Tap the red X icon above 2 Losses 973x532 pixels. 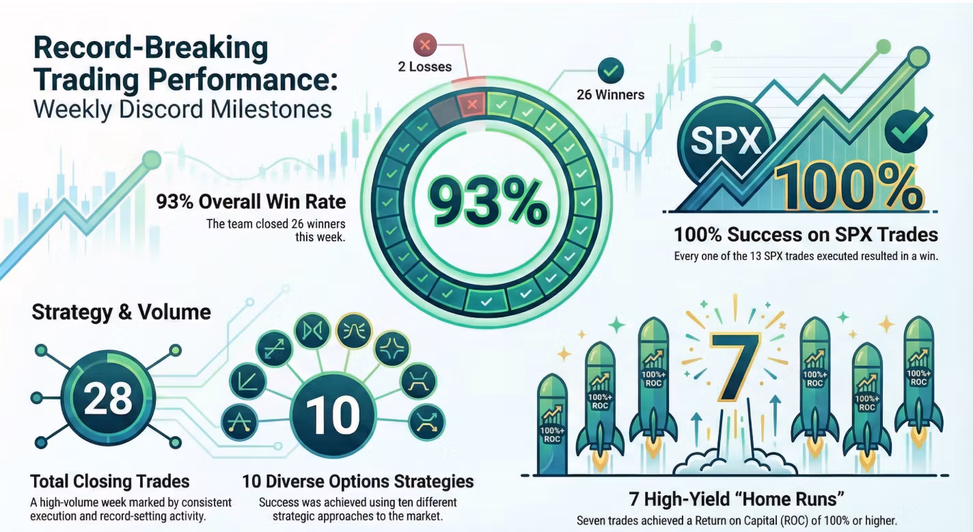pos(425,44)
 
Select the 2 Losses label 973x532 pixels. pos(425,67)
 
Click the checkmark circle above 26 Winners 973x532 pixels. pos(611,70)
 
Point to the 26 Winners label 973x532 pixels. pos(610,95)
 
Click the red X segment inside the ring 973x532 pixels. pos(471,105)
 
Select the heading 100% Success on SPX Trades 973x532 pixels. pos(806,235)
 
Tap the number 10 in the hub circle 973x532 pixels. pos(333,415)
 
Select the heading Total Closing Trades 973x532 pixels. pos(110,481)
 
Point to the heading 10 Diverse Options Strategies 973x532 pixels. pos(358,481)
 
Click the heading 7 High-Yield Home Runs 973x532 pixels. pos(737,499)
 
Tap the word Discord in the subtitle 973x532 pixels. pos(161,109)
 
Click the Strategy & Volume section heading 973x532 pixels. pos(121,312)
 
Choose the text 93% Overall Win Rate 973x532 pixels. pos(251,202)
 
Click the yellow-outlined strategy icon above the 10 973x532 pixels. pos(354,331)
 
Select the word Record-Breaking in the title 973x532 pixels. pos(151,47)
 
